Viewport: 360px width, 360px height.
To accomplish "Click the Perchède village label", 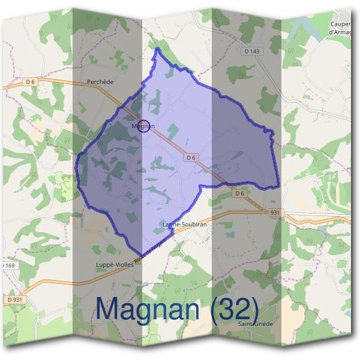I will pyautogui.click(x=100, y=82).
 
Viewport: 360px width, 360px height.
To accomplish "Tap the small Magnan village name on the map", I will pyautogui.click(x=143, y=126).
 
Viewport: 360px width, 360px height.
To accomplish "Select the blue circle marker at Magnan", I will pyautogui.click(x=143, y=125).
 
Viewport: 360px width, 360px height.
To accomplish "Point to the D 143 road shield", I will pyautogui.click(x=253, y=52).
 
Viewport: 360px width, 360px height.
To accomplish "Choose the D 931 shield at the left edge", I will pyautogui.click(x=16, y=299).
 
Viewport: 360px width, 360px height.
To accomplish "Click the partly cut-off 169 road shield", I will pyautogui.click(x=7, y=264).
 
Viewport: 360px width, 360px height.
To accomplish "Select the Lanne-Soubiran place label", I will pyautogui.click(x=185, y=224).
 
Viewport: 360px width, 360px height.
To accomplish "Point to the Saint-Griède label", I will pyautogui.click(x=255, y=323).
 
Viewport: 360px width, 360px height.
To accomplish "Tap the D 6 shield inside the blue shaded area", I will pyautogui.click(x=191, y=157).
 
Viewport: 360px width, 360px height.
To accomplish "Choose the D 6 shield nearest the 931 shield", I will pyautogui.click(x=239, y=193).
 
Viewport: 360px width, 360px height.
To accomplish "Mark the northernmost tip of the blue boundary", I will pyautogui.click(x=158, y=48).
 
